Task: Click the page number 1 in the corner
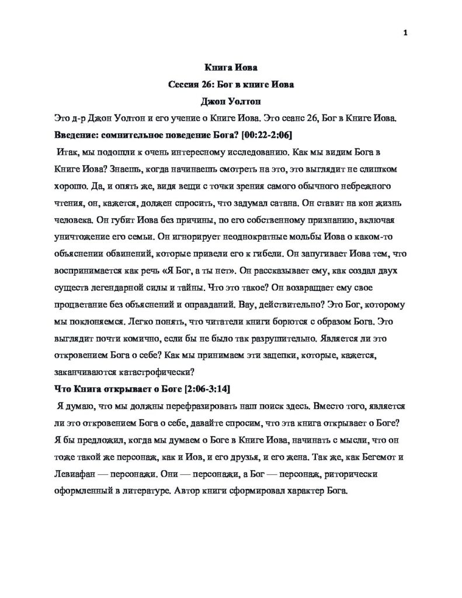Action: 405,32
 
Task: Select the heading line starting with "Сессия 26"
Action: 231,85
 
